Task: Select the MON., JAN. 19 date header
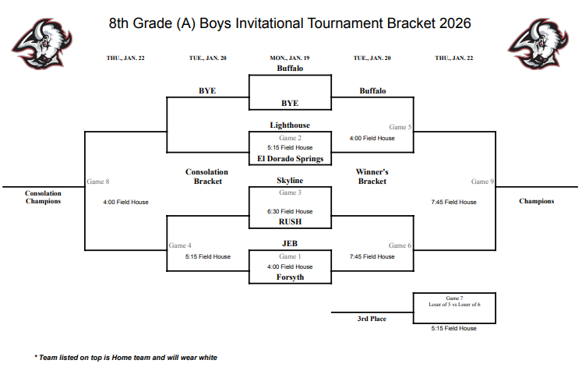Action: [x=290, y=58]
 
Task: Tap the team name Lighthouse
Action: [x=290, y=125]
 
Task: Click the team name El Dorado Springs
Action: [x=290, y=158]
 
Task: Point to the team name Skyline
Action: [x=290, y=180]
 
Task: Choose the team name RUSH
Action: [x=290, y=221]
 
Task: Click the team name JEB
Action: [x=290, y=243]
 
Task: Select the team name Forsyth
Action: [x=290, y=277]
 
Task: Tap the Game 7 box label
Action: [x=454, y=298]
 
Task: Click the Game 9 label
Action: [x=481, y=182]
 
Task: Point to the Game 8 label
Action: [x=97, y=182]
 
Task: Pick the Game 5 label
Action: [x=400, y=126]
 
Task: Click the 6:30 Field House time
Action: [x=290, y=211]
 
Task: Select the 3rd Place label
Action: [x=372, y=319]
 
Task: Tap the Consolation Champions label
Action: [x=43, y=197]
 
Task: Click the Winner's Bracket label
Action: [x=372, y=176]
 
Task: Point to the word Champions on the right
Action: [x=537, y=201]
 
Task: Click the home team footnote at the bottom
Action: [x=125, y=357]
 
